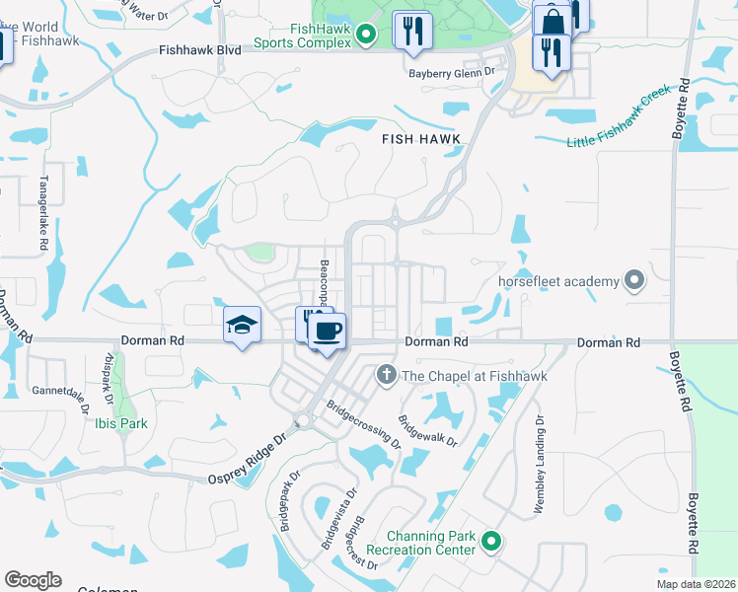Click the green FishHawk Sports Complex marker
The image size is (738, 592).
pos(365,37)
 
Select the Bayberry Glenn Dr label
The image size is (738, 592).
pos(449,72)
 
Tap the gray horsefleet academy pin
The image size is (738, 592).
pos(634,281)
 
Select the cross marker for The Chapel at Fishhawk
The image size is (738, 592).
pos(386,375)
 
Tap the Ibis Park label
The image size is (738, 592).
pos(122,423)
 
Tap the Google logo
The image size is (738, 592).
pos(33,579)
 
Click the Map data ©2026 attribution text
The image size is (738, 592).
pos(695,584)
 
